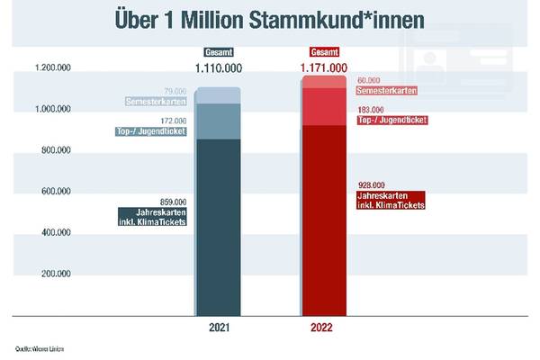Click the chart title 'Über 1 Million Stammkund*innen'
click(x=269, y=20)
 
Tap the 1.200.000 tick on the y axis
click(x=53, y=68)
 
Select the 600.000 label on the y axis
click(x=57, y=191)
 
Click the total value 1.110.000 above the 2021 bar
click(x=219, y=67)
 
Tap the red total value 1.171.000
click(x=323, y=67)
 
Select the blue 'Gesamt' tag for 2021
click(x=219, y=51)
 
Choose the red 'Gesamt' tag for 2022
click(x=323, y=51)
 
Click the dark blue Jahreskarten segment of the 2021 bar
click(x=219, y=225)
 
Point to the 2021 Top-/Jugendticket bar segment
click(x=219, y=121)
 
